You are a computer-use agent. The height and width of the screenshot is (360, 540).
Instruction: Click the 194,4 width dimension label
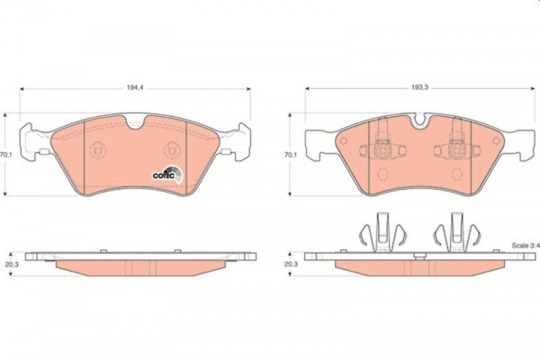pos(135,88)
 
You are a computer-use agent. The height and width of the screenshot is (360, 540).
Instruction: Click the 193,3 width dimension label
pos(419,88)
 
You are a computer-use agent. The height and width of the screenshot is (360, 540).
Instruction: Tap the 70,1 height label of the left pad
pos(6,155)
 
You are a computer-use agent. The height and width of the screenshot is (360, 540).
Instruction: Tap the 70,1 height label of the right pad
pos(291,155)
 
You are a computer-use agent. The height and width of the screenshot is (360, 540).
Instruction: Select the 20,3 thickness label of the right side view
pos(291,265)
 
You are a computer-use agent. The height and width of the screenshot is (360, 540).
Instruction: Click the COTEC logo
pos(168,175)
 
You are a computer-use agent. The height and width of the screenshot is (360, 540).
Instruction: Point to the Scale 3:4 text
pos(526,246)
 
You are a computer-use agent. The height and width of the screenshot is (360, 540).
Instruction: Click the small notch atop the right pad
pos(419,121)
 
